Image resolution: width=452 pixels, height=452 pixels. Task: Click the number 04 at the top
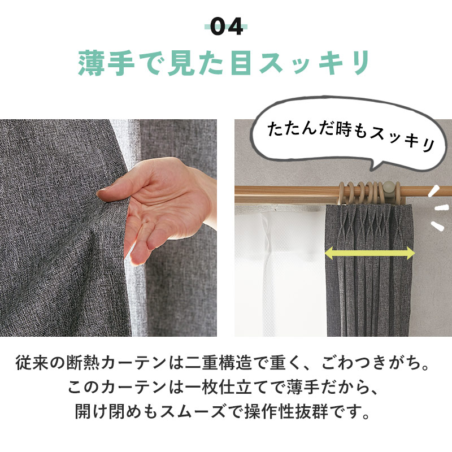click(x=226, y=26)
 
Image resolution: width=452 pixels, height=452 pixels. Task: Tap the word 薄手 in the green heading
click(x=102, y=64)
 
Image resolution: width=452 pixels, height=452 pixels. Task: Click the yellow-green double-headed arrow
click(x=370, y=254)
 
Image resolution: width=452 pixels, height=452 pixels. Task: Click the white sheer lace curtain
click(x=271, y=271)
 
